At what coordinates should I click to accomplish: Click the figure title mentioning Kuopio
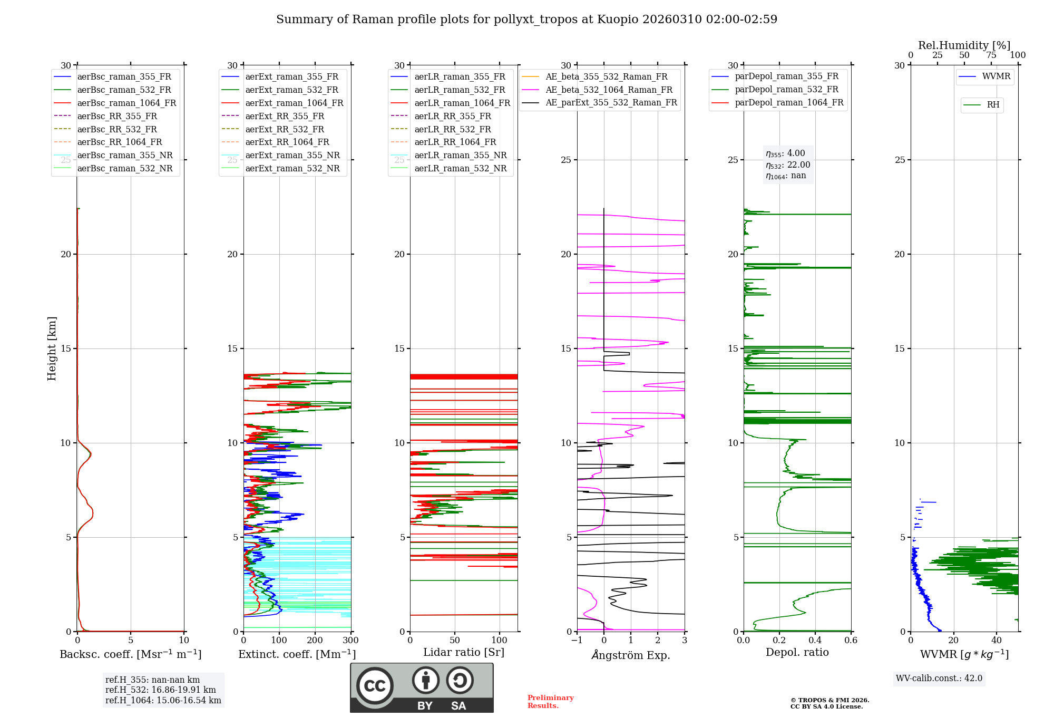(x=526, y=20)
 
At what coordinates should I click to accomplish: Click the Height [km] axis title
(x=52, y=348)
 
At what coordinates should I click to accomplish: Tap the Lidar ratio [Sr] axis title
(x=464, y=652)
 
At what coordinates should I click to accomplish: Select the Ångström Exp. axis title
(x=631, y=655)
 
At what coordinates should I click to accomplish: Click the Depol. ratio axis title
(x=797, y=652)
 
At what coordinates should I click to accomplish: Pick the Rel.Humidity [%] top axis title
(x=964, y=45)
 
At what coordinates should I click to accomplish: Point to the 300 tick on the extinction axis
(x=350, y=641)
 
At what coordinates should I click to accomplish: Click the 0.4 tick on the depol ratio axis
(x=815, y=641)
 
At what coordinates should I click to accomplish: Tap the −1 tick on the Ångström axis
(x=577, y=641)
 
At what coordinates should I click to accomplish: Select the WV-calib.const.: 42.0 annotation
(x=939, y=678)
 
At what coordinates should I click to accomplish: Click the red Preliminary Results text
(x=551, y=702)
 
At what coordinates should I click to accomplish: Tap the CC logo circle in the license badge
(x=375, y=686)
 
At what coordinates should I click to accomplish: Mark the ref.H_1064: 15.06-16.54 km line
(x=163, y=701)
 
